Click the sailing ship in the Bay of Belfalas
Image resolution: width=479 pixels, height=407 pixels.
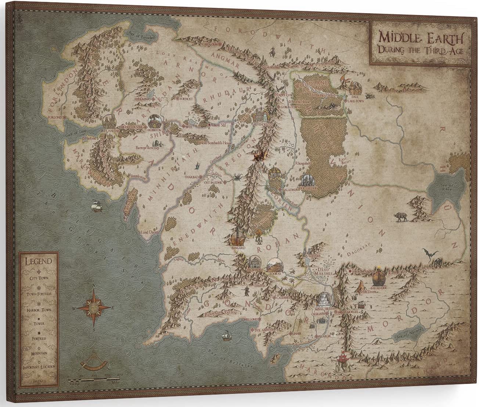(x=225, y=336)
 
